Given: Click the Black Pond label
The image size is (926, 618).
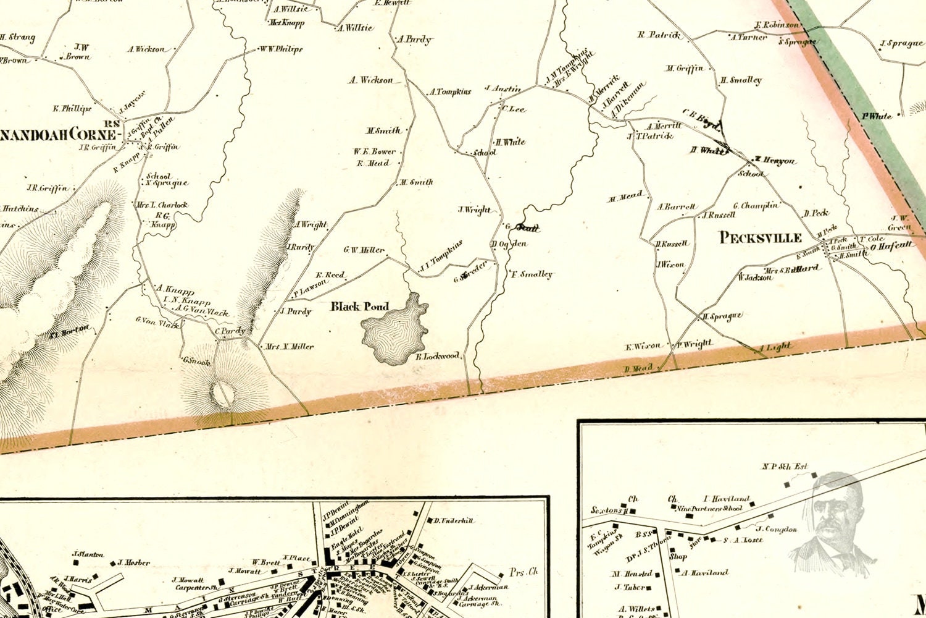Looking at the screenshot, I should pos(360,307).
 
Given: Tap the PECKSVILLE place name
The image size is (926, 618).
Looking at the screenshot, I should pos(761,238).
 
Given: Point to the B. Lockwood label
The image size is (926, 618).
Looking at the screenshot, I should pos(438,356).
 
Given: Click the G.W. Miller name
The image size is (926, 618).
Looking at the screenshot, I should pos(364,250).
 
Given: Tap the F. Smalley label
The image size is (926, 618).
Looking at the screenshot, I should pos(532,274).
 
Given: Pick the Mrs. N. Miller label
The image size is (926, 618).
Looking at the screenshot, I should pos(290,347).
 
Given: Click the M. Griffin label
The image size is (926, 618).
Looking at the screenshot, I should pos(684,69).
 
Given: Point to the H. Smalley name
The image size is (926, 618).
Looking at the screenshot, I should pos(741,80).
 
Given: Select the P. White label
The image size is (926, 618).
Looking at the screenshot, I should pos(877,116).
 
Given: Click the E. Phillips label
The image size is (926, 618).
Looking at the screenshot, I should pos(72,109).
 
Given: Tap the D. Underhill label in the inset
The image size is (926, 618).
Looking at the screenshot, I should pos(453,521).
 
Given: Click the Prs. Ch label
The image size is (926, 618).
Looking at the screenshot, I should pos(524,572).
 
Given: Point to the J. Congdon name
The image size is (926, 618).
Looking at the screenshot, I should pos(777,529).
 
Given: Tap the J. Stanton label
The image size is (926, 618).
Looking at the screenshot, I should pos(88,555).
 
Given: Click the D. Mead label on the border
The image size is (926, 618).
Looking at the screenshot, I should pos(638,369).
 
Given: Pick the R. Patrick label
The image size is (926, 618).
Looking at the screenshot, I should pos(659,35).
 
